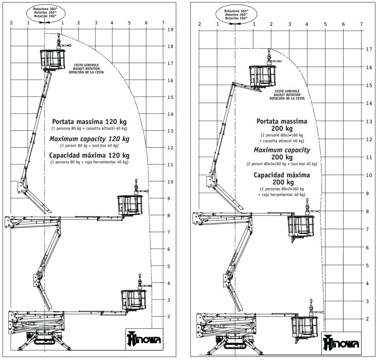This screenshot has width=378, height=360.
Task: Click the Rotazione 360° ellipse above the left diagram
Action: [45, 12]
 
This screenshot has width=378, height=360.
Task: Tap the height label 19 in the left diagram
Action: [170, 30]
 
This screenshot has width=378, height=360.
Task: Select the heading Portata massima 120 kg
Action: [89, 121]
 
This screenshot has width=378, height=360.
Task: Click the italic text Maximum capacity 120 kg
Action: [89, 139]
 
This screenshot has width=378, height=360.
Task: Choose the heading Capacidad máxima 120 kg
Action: [89, 155]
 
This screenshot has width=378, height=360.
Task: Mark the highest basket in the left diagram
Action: [52, 59]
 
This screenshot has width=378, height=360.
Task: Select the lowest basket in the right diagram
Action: [305, 326]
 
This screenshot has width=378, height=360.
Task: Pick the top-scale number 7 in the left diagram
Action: [163, 23]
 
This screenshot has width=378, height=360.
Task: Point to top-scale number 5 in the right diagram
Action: [325, 24]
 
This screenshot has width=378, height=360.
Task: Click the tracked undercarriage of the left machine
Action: [45, 340]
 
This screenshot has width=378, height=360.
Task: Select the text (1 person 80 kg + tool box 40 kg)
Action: [89, 145]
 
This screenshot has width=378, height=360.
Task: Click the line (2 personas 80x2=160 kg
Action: [282, 189]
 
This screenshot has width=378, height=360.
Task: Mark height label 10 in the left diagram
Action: [170, 182]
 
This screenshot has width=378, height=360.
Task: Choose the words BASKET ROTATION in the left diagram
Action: [86, 68]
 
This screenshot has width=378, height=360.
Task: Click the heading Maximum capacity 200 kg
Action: [282, 154]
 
